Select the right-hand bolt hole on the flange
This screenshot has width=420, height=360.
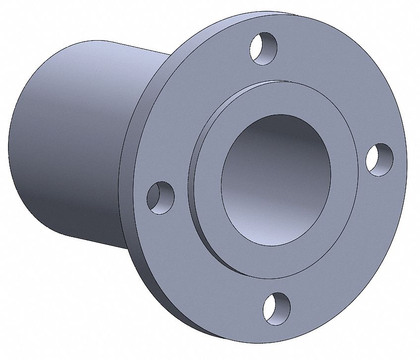pyautogui.click(x=379, y=159)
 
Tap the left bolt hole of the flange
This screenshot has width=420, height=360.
pyautogui.click(x=160, y=197)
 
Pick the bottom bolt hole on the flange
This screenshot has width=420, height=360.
pyautogui.click(x=276, y=308)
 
